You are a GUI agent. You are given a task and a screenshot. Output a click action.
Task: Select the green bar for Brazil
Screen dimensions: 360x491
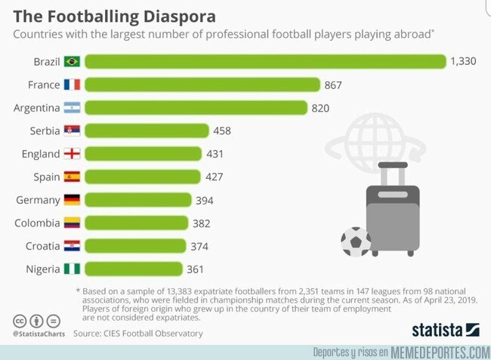pyautogui.click(x=264, y=61)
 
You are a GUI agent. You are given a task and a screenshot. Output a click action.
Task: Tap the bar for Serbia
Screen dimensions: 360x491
pyautogui.click(x=147, y=131)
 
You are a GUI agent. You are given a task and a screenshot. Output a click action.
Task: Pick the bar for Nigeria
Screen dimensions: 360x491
pyautogui.click(x=134, y=269)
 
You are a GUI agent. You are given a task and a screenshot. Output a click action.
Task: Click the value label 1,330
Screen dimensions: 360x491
pyautogui.click(x=462, y=61)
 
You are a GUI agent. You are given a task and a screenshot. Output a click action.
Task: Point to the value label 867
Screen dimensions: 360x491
pyautogui.click(x=333, y=85)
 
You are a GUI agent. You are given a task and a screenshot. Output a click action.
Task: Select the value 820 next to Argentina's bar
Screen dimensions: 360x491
pyautogui.click(x=320, y=108)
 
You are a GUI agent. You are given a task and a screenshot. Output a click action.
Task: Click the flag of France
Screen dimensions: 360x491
pyautogui.click(x=73, y=85)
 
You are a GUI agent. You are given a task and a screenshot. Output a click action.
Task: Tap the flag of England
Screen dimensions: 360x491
pyautogui.click(x=73, y=154)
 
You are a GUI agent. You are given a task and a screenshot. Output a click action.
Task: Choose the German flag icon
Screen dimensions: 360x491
pyautogui.click(x=73, y=200)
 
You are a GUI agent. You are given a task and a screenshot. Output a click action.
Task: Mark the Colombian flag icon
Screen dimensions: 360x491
pyautogui.click(x=73, y=223)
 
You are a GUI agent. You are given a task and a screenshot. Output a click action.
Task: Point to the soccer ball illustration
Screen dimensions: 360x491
pyautogui.click(x=355, y=242)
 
